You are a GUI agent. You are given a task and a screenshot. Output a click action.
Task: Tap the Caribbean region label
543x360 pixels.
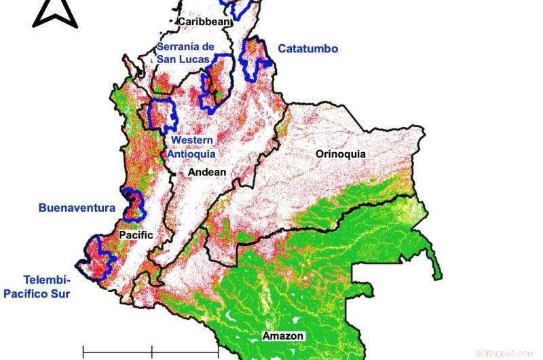(x=204, y=22)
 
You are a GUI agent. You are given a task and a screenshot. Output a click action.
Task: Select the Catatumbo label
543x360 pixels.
(x=307, y=49)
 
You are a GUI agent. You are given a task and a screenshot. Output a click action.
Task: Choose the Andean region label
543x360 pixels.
(x=207, y=173)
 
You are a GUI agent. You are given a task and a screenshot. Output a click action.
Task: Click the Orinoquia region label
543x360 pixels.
(x=340, y=154)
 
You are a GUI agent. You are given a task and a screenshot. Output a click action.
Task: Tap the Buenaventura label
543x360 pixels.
(x=77, y=208)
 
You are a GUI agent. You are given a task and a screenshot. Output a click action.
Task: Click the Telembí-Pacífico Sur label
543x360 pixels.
(x=39, y=286)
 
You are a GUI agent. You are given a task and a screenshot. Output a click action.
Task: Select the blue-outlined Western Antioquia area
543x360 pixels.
(x=162, y=115)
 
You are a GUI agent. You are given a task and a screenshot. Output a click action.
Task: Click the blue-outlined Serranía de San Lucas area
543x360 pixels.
(x=216, y=85)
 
